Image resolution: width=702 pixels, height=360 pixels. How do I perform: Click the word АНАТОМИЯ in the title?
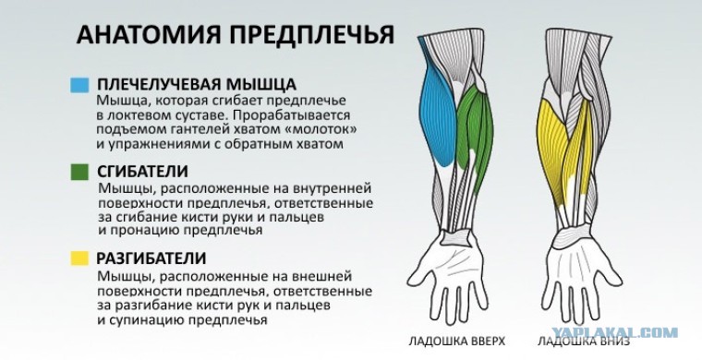(150, 34)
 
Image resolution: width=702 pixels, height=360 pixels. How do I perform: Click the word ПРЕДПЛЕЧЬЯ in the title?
(312, 34)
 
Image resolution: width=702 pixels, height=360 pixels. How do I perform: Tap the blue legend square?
(79, 85)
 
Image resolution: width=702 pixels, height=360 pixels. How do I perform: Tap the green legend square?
(79, 172)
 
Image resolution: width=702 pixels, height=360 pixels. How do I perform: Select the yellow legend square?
(79, 258)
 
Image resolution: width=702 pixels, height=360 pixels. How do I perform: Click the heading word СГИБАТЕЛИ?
(142, 172)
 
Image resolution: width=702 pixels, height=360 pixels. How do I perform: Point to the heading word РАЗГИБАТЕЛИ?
(151, 258)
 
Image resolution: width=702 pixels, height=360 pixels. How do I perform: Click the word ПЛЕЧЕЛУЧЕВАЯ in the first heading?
(159, 85)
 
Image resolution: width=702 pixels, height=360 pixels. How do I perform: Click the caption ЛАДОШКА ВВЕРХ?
(456, 342)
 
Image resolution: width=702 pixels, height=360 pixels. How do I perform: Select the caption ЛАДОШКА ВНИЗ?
(584, 342)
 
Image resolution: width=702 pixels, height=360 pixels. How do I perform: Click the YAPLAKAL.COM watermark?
(614, 332)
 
